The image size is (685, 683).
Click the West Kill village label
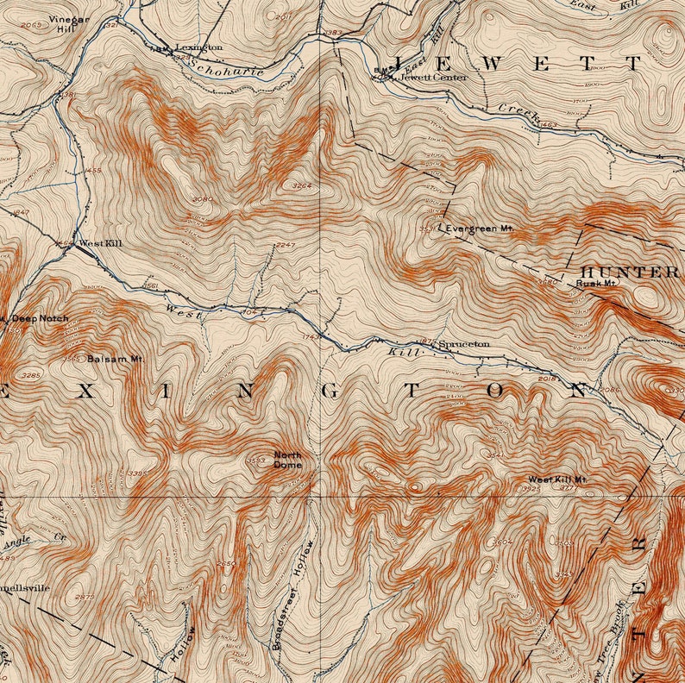tap(100, 244)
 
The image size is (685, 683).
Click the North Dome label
tap(288, 460)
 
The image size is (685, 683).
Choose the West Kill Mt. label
tap(557, 479)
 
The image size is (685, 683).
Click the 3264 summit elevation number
tap(301, 185)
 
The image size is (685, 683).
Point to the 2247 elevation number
tap(286, 246)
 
